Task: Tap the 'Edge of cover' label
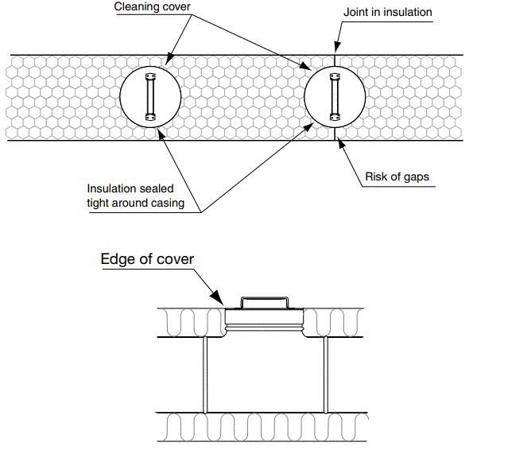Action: [x=147, y=259]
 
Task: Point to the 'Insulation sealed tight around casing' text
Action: [x=135, y=196]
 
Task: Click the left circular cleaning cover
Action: [x=149, y=96]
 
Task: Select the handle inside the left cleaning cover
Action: [x=149, y=96]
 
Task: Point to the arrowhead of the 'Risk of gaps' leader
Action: [x=340, y=142]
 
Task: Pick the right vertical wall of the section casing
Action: [x=325, y=374]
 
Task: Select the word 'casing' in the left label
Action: [x=169, y=203]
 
